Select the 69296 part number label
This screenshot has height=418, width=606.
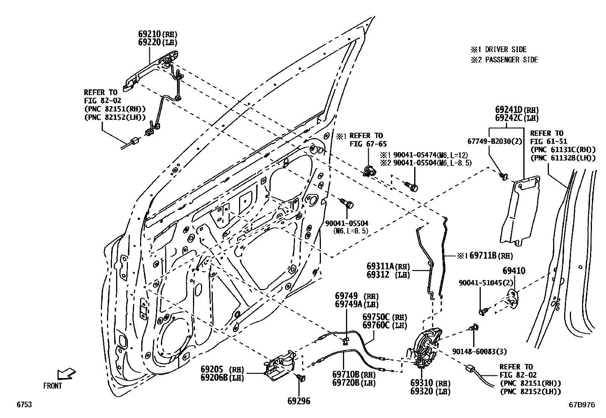click(299, 401)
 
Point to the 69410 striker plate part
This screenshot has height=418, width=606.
click(513, 298)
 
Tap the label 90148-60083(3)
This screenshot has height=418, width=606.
click(480, 352)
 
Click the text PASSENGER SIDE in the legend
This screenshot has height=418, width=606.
click(511, 60)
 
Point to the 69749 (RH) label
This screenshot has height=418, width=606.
click(357, 296)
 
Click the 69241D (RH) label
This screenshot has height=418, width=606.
click(517, 110)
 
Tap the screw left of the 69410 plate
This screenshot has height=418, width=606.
click(484, 311)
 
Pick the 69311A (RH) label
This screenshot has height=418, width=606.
click(388, 266)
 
